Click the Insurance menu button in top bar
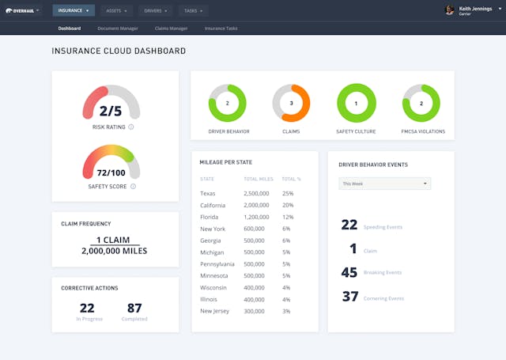[x=74, y=10]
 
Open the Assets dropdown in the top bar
[x=116, y=10]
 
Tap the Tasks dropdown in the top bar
[x=192, y=10]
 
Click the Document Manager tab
[x=118, y=28]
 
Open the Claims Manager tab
[x=171, y=28]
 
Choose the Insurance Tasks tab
[x=221, y=28]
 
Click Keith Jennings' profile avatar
[x=450, y=10]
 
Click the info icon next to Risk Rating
[x=131, y=127]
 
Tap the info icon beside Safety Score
[x=133, y=187]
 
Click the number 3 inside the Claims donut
[x=292, y=103]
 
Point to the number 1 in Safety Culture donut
[x=356, y=103]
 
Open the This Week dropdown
[x=384, y=184]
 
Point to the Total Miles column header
[x=258, y=179]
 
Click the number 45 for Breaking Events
[x=349, y=273]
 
